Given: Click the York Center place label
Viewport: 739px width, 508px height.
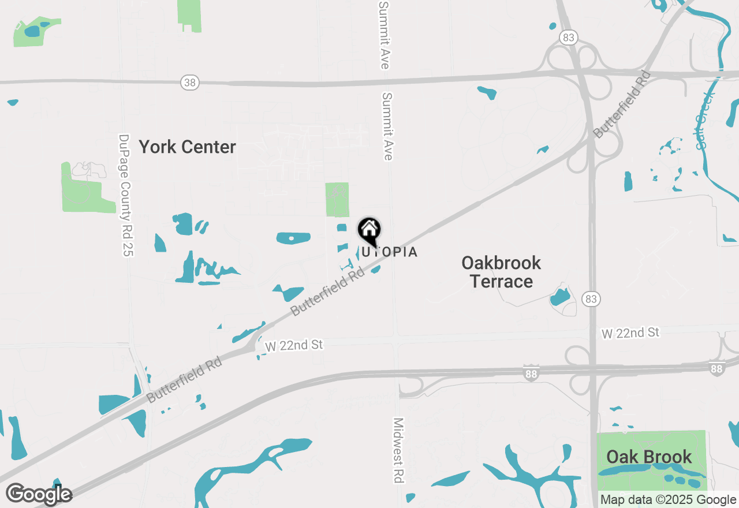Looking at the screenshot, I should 187,147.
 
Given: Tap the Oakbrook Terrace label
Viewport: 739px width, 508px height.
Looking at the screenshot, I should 501,272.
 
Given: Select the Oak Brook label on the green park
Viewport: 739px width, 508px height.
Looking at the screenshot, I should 649,457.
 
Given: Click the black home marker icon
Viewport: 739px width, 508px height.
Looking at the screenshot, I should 369,230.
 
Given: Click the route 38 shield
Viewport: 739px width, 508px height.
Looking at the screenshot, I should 189,83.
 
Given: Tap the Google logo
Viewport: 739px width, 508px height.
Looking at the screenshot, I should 39,494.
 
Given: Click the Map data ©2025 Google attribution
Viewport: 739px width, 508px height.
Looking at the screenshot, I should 668,500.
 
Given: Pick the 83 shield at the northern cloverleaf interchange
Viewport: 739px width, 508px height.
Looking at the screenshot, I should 569,38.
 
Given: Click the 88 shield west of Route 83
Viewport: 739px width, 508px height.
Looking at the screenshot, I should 531,373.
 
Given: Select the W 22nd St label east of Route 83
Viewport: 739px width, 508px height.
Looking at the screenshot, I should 630,333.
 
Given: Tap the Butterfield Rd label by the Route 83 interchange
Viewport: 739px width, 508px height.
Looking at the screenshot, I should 622,104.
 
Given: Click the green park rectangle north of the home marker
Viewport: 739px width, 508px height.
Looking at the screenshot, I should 337,199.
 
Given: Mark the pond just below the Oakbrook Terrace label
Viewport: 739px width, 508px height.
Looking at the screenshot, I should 559,297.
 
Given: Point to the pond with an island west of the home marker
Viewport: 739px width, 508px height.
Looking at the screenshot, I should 293,238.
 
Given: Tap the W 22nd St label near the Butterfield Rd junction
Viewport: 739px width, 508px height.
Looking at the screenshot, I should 294,345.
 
